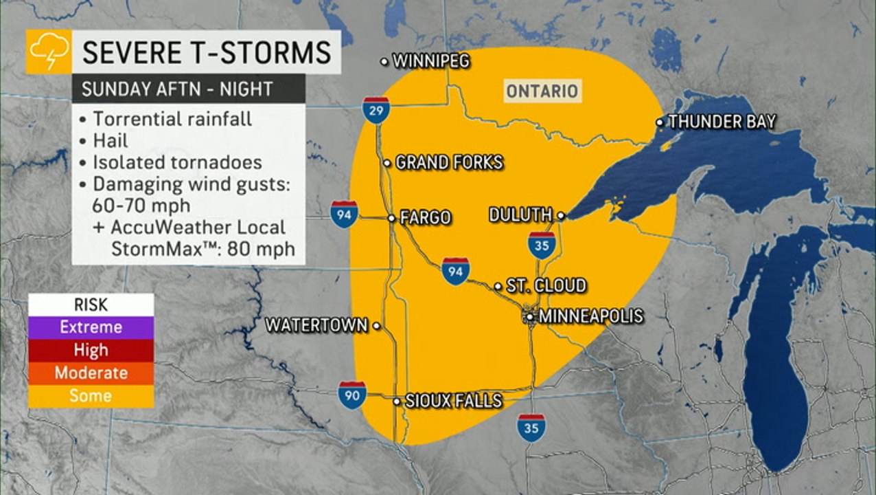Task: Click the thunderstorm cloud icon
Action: [x=49, y=52]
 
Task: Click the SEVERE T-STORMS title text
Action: [x=206, y=52]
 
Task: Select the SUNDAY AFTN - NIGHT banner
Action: [x=177, y=89]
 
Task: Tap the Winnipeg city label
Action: [x=430, y=61]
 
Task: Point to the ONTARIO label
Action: [x=542, y=91]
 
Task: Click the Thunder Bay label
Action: [x=721, y=122]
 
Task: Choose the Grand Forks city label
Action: [x=449, y=163]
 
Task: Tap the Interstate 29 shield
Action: [x=376, y=110]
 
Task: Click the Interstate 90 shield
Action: [x=351, y=395]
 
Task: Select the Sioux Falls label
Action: [x=453, y=401]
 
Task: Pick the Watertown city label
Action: [x=316, y=324]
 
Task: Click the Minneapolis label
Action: [x=590, y=316]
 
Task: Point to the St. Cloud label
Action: [x=546, y=285]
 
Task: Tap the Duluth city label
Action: [x=520, y=215]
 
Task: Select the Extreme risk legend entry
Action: [x=91, y=327]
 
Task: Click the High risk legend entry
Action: [x=91, y=350]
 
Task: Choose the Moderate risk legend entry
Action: [x=91, y=373]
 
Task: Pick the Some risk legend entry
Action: [x=91, y=395]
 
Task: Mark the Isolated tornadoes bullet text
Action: [x=177, y=162]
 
